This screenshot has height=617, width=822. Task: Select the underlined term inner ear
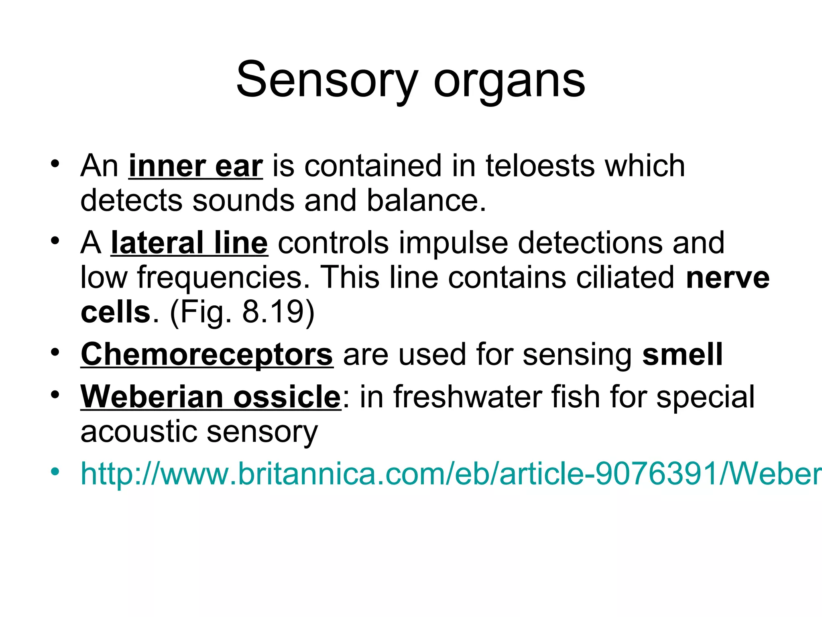[196, 166]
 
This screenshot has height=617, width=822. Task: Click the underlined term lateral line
[189, 243]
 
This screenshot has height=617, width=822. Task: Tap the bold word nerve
[728, 278]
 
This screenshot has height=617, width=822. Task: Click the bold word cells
[115, 313]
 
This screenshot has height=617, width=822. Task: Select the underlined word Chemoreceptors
[207, 355]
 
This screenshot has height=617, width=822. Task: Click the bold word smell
[682, 355]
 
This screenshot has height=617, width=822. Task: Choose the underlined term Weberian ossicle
[211, 397]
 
